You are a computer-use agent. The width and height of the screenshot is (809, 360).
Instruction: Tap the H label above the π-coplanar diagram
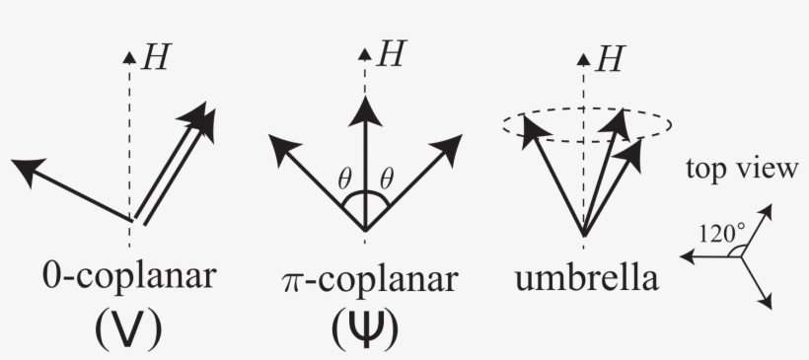click(x=391, y=54)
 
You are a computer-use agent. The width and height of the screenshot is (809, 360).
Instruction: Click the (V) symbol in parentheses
click(x=132, y=329)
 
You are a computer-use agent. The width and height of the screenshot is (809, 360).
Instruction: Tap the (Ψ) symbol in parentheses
click(x=366, y=329)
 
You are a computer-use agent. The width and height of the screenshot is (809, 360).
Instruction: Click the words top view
click(x=742, y=169)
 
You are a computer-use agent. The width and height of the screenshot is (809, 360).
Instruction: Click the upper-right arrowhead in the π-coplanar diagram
click(x=449, y=144)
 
